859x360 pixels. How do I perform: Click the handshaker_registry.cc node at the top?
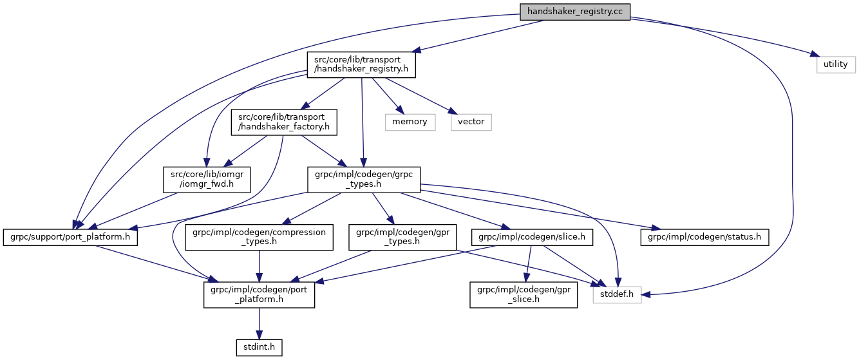pyautogui.click(x=575, y=12)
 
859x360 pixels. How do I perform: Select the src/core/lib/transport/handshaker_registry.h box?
pyautogui.click(x=361, y=65)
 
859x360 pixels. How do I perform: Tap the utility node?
pyautogui.click(x=836, y=64)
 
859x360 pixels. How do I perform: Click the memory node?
pyautogui.click(x=410, y=121)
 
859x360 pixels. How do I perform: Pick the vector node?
pyautogui.click(x=471, y=121)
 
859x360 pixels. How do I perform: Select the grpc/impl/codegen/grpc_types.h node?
pyautogui.click(x=364, y=180)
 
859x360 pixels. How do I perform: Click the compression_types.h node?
pyautogui.click(x=259, y=237)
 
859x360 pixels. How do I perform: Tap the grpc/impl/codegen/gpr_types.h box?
pyautogui.click(x=402, y=237)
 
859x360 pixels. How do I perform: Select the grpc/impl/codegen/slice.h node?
pyautogui.click(x=532, y=237)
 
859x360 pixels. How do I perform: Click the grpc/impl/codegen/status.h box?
pyautogui.click(x=704, y=237)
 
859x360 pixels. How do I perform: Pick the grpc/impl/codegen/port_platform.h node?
pyautogui.click(x=259, y=294)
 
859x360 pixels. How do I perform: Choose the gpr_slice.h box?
pyautogui.click(x=524, y=294)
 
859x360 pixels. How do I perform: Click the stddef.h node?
pyautogui.click(x=617, y=294)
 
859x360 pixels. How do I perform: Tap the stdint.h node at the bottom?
pyautogui.click(x=259, y=348)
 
